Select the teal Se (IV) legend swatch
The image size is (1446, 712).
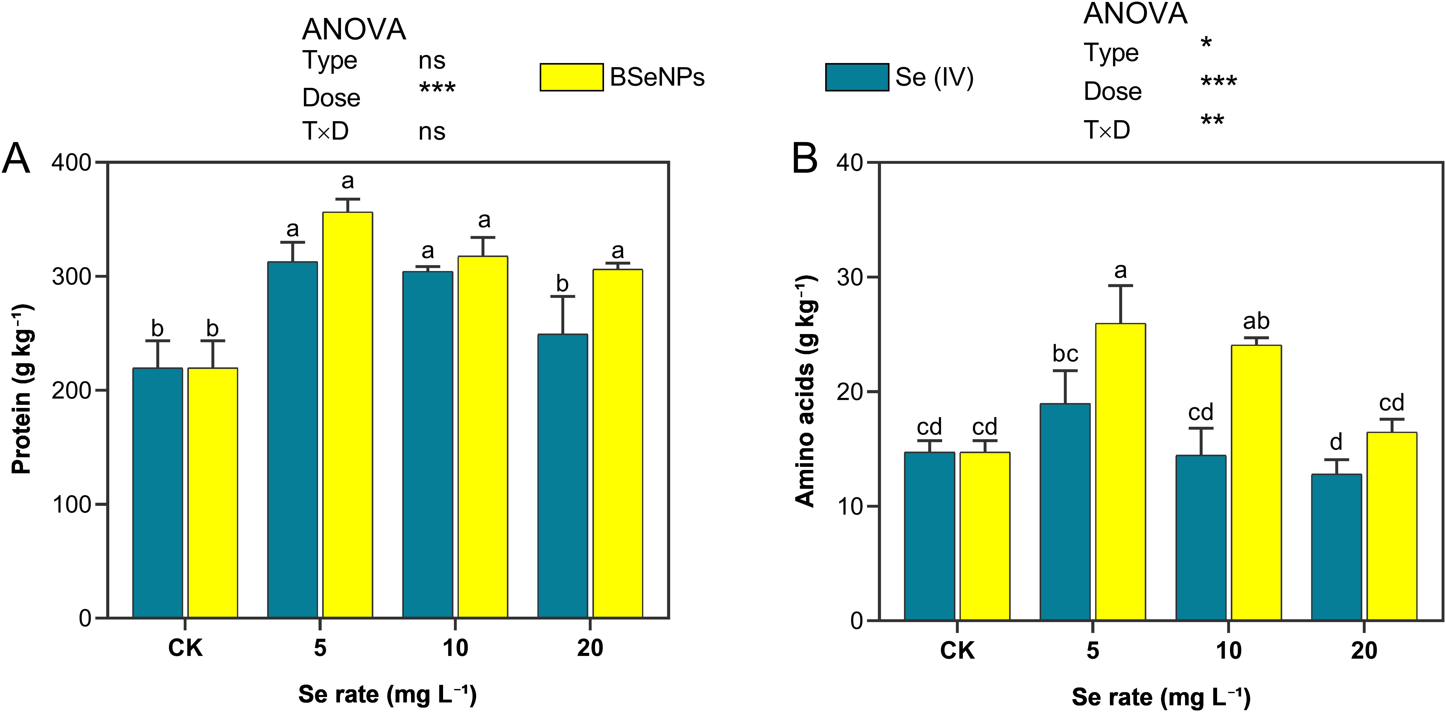coord(857,77)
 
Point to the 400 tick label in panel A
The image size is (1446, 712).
coord(71,163)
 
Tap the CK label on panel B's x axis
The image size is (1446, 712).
coord(957,650)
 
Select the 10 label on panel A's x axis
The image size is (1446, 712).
coord(455,648)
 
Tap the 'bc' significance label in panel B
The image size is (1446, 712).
coord(1065,354)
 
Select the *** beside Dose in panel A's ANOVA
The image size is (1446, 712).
coord(437,88)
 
